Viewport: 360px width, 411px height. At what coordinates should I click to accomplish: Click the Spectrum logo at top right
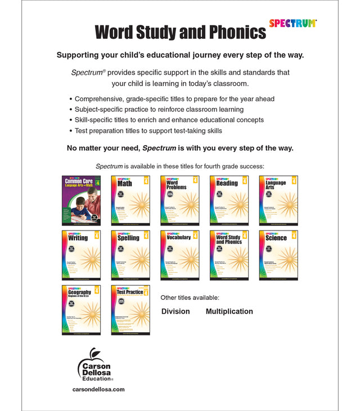[x=292, y=24]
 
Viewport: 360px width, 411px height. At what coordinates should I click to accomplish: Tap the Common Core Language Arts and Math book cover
[x=82, y=200]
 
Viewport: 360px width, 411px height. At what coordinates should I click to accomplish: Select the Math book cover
[x=130, y=200]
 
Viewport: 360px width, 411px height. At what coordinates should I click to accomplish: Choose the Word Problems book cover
[x=179, y=200]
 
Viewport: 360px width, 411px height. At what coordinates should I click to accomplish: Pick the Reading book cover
[x=229, y=200]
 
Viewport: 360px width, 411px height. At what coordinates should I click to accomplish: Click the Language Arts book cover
[x=278, y=200]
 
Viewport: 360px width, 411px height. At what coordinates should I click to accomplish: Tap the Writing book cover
[x=82, y=255]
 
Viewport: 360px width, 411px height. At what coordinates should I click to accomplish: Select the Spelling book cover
[x=130, y=255]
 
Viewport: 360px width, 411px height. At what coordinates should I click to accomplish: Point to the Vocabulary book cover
[x=179, y=255]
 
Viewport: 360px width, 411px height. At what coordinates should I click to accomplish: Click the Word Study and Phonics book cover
[x=229, y=255]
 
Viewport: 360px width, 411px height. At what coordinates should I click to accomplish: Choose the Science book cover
[x=278, y=255]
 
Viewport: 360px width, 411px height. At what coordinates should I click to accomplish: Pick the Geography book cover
[x=82, y=309]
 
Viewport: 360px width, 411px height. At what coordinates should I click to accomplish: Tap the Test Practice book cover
[x=130, y=309]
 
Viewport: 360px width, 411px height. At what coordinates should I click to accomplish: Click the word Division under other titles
[x=175, y=311]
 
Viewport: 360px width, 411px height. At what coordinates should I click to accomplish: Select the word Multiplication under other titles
[x=229, y=311]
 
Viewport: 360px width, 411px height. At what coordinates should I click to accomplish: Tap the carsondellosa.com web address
[x=98, y=389]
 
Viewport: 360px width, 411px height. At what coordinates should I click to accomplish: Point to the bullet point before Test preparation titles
[x=70, y=131]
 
